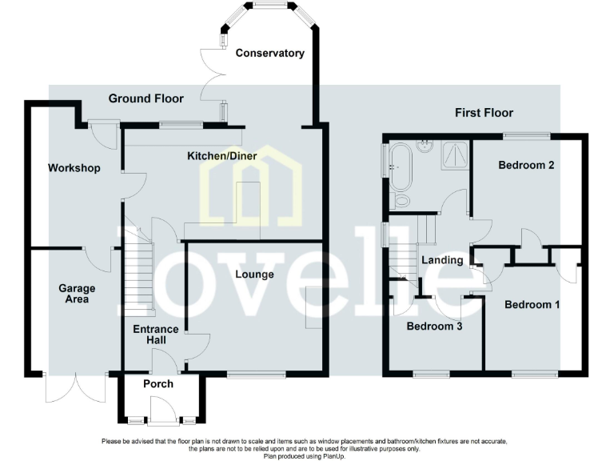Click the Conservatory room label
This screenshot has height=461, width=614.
pos(269,54)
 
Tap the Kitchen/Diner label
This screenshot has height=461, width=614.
pos(222,155)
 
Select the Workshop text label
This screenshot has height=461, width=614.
pos(74,168)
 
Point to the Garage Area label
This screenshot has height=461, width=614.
pos(77,294)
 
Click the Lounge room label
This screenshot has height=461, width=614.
pos(254,275)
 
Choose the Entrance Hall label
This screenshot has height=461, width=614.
pos(150,334)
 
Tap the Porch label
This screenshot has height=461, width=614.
pos(157,384)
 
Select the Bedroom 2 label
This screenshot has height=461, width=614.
pos(526,166)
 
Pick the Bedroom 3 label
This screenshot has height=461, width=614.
pos(434,327)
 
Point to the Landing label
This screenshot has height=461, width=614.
pos(442,260)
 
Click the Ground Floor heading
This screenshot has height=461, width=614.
pos(146,98)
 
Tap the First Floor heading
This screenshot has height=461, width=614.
pos(484,113)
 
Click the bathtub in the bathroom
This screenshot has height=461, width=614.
pos(397,168)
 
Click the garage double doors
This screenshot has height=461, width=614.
pos(76,390)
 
